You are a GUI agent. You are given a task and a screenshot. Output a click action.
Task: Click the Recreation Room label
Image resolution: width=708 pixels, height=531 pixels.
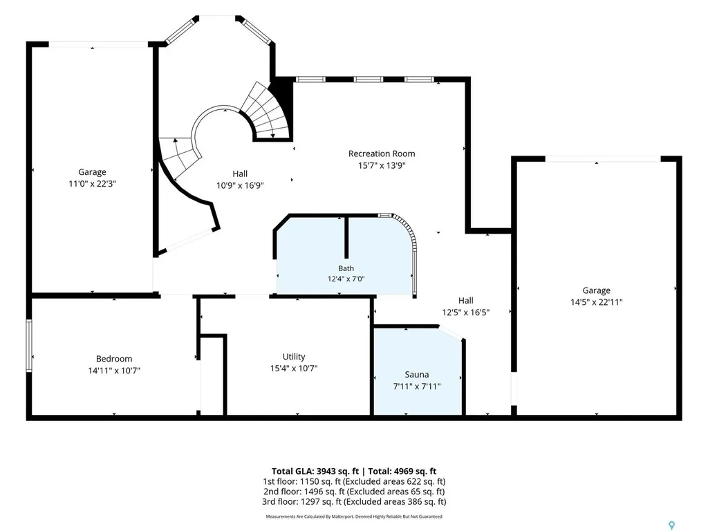pyautogui.click(x=382, y=153)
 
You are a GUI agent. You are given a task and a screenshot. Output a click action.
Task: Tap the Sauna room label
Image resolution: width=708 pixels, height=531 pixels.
pyautogui.click(x=417, y=374)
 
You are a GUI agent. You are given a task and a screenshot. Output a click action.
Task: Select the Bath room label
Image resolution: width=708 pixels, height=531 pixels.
pyautogui.click(x=346, y=268)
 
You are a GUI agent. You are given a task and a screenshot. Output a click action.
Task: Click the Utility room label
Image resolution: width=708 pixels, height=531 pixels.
pyautogui.click(x=294, y=357)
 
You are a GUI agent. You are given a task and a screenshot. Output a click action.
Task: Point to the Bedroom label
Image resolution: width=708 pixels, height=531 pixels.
pyautogui.click(x=114, y=359)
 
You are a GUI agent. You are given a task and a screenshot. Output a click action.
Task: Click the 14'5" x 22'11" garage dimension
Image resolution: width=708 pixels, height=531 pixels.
pyautogui.click(x=597, y=302)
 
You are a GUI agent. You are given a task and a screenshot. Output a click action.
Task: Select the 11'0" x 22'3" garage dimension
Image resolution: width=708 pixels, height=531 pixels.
pyautogui.click(x=93, y=184)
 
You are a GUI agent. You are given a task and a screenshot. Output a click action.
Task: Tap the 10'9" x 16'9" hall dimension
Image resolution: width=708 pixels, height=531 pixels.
pyautogui.click(x=240, y=185)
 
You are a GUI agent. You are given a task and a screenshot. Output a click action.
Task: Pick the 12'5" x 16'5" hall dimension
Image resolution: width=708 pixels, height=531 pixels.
pyautogui.click(x=466, y=312)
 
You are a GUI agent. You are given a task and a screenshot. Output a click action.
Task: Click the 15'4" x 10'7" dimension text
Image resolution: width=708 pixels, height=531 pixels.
pyautogui.click(x=294, y=369)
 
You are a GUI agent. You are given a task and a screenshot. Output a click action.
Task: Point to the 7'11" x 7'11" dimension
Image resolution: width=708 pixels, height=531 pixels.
pyautogui.click(x=417, y=386)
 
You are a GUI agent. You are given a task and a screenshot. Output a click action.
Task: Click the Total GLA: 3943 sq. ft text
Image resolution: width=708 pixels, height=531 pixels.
pyautogui.click(x=315, y=472)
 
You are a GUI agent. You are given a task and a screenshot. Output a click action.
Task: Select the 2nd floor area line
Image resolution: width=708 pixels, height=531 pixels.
pyautogui.click(x=354, y=492)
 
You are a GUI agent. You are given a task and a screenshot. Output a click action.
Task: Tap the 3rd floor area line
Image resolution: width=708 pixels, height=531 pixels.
pyautogui.click(x=354, y=501)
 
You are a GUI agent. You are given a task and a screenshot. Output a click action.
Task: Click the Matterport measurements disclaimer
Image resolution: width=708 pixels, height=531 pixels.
pyautogui.click(x=354, y=516)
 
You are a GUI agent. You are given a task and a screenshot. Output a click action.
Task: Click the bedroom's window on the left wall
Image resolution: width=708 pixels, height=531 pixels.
pyautogui.click(x=29, y=346)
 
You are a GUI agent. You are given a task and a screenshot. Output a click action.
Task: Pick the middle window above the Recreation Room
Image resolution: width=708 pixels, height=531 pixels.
pyautogui.click(x=369, y=80)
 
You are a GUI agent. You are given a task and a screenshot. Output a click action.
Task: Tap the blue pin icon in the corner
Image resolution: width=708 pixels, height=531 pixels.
pyautogui.click(x=672, y=525)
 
